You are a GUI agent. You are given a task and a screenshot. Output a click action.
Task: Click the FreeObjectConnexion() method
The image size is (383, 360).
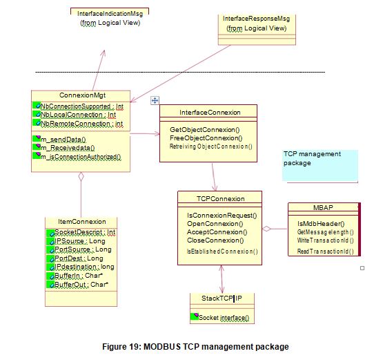click(205, 138)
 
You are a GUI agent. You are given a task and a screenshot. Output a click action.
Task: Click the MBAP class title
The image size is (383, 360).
click(324, 207)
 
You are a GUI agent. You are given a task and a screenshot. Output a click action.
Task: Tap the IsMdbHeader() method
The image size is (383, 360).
click(317, 224)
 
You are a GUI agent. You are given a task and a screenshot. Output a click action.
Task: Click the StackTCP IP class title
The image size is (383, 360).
click(220, 299)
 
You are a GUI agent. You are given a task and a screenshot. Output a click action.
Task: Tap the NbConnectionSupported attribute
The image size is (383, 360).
click(81, 106)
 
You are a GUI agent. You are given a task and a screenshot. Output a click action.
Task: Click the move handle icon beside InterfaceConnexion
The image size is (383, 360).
click(155, 100)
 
